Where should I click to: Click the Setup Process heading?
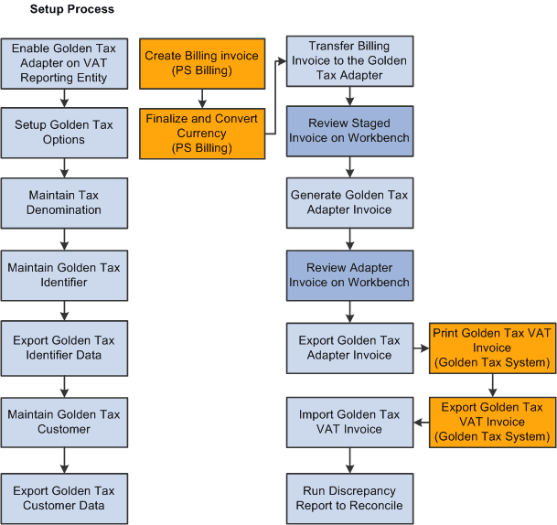tap(72, 10)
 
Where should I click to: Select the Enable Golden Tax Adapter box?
tap(64, 63)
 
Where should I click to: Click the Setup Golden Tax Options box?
tap(64, 133)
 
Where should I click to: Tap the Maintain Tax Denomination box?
tap(64, 202)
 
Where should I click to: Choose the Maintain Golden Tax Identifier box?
tap(64, 274)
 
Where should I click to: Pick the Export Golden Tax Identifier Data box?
tap(64, 348)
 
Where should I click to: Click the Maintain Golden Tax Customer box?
tap(64, 421)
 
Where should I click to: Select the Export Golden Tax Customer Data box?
tap(64, 497)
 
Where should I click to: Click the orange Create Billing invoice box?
tap(202, 63)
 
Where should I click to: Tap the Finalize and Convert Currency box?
tap(202, 133)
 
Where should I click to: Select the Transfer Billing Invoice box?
tap(349, 60)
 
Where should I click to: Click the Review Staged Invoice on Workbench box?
tap(349, 130)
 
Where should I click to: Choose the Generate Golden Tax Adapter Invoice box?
tap(349, 202)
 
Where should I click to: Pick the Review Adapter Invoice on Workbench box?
tap(349, 274)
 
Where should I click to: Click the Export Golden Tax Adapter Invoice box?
tap(349, 348)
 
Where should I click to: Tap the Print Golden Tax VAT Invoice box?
tap(491, 348)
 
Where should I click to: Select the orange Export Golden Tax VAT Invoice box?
tap(491, 422)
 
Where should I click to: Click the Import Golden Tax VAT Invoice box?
tap(349, 422)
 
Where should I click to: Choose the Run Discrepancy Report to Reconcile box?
tap(349, 497)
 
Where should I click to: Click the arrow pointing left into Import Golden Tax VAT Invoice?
tap(421, 423)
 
